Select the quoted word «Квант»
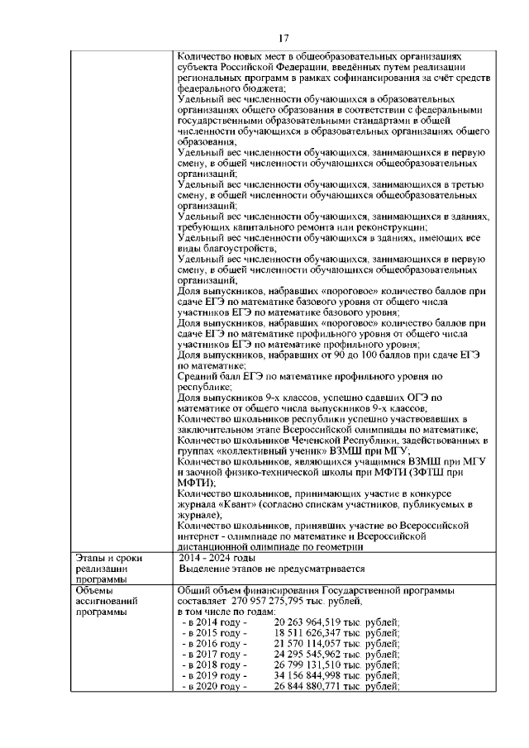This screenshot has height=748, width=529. (236, 503)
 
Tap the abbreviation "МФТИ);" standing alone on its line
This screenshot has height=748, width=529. (197, 483)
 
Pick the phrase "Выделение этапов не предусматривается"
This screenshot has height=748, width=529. (272, 569)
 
